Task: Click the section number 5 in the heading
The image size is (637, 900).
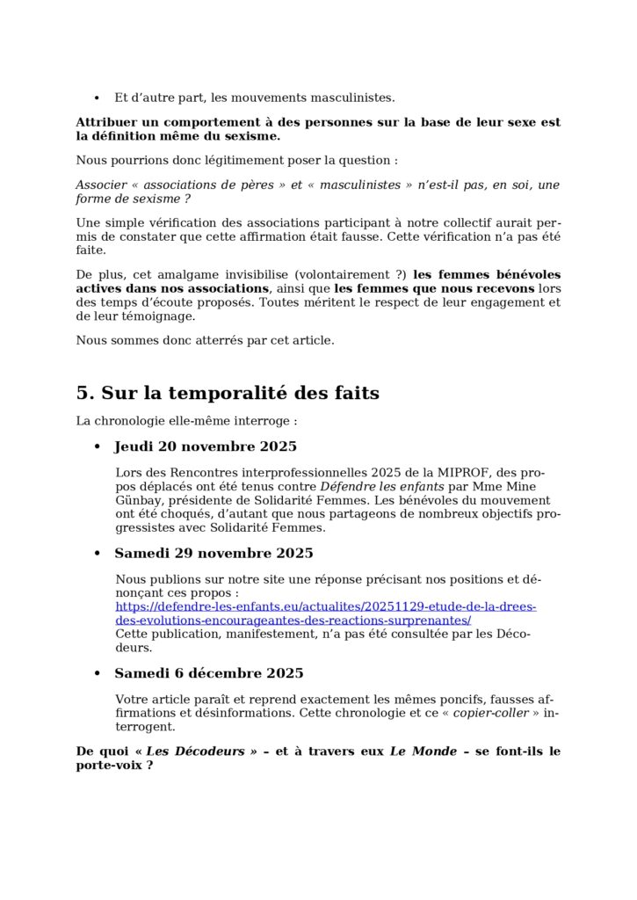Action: [x=83, y=394]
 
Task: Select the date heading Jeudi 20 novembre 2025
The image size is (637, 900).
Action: [x=206, y=446]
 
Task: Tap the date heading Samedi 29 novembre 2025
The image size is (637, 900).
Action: [x=214, y=554]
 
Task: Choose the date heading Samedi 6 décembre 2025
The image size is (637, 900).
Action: [x=209, y=673]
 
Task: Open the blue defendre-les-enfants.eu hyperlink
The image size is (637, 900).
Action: [x=325, y=613]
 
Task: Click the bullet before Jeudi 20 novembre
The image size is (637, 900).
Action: [x=98, y=447]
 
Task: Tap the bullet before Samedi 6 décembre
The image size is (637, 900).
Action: [x=98, y=674]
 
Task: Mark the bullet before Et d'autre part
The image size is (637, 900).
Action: [x=97, y=98]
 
